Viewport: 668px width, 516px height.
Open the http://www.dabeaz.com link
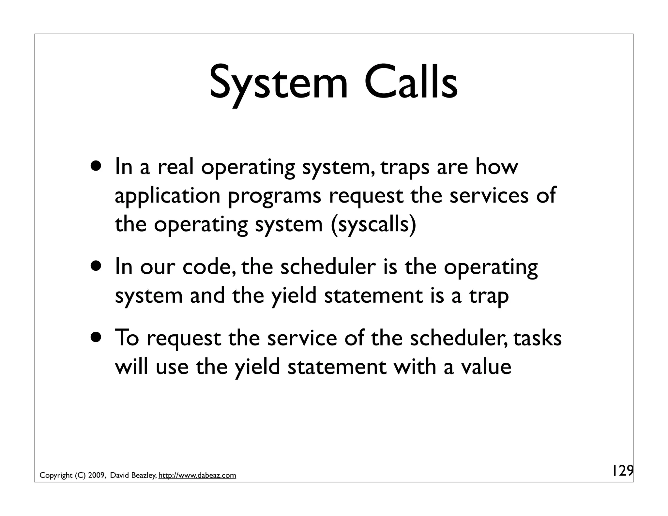[x=197, y=476]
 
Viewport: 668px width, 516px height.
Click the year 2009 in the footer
[x=96, y=476]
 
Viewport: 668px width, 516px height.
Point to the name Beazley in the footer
[x=143, y=476]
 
